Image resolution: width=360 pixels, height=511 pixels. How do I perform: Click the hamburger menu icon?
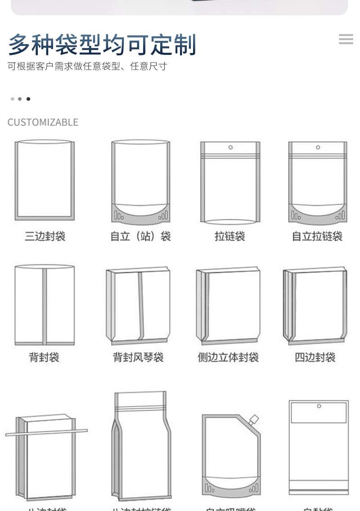pyautogui.click(x=346, y=39)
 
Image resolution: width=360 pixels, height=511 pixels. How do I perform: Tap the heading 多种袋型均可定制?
pyautogui.click(x=102, y=45)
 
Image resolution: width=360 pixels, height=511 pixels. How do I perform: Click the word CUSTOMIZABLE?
pyautogui.click(x=43, y=122)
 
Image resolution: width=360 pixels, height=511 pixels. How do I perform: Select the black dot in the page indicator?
pyautogui.click(x=28, y=99)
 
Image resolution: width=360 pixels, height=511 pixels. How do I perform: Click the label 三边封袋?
pyautogui.click(x=45, y=236)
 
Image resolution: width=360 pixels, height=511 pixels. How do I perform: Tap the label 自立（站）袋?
pyautogui.click(x=140, y=236)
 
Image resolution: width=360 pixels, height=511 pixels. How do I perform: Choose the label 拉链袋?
pyautogui.click(x=229, y=236)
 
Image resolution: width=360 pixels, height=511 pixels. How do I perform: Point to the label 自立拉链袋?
pyautogui.click(x=317, y=236)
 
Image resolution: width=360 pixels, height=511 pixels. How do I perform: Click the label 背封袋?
pyautogui.click(x=44, y=358)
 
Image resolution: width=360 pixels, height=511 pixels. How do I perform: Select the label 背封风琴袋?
pyautogui.click(x=138, y=358)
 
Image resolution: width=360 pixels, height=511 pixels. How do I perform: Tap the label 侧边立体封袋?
pyautogui.click(x=228, y=358)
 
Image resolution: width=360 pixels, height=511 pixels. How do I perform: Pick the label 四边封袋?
pyautogui.click(x=315, y=358)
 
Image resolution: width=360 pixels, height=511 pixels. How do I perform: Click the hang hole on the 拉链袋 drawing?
pyautogui.click(x=230, y=147)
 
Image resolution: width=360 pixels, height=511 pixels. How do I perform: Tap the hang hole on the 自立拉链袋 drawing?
pyautogui.click(x=318, y=147)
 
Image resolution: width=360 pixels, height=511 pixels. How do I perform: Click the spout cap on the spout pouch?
pyautogui.click(x=254, y=420)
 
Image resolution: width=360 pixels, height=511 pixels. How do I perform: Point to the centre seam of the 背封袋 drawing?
pyautogui.click(x=45, y=306)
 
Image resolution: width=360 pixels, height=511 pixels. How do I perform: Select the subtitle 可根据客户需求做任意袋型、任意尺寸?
pyautogui.click(x=87, y=67)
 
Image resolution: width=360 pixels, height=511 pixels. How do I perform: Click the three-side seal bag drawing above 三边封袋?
pyautogui.click(x=45, y=180)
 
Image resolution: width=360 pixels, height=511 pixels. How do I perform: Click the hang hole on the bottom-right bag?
pyautogui.click(x=319, y=406)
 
